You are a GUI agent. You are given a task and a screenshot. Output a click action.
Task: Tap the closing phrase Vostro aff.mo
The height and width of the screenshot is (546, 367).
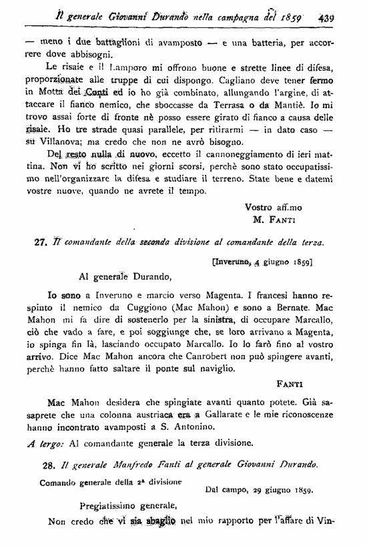(x=274, y=207)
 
